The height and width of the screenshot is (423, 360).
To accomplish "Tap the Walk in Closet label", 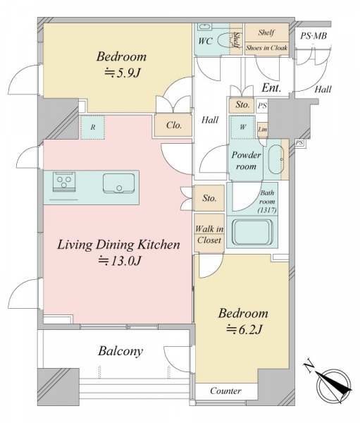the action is click(209, 235).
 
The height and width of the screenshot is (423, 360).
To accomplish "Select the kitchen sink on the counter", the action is click(118, 183).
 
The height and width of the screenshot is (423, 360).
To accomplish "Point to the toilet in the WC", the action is click(223, 42).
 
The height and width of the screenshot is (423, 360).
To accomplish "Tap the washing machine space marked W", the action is click(242, 127).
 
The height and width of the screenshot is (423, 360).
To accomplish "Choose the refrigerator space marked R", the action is click(92, 128).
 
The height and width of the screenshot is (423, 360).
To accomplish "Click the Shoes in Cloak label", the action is click(266, 48).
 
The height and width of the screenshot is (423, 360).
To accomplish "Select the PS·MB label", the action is click(314, 36).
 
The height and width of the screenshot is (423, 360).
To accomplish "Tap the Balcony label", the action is click(120, 351).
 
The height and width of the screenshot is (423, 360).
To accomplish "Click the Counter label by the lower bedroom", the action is click(225, 391).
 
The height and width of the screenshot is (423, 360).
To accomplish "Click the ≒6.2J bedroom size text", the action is click(244, 329).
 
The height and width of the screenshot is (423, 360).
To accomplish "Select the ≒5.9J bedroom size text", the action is click(123, 73).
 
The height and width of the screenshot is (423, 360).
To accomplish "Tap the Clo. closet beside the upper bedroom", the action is click(174, 125).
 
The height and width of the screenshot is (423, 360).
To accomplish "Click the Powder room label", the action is click(246, 161).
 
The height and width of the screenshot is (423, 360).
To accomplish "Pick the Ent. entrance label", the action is click(271, 87).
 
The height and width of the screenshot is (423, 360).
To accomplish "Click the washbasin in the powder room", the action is click(275, 159).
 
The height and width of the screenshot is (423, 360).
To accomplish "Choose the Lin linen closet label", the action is click(262, 130).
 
